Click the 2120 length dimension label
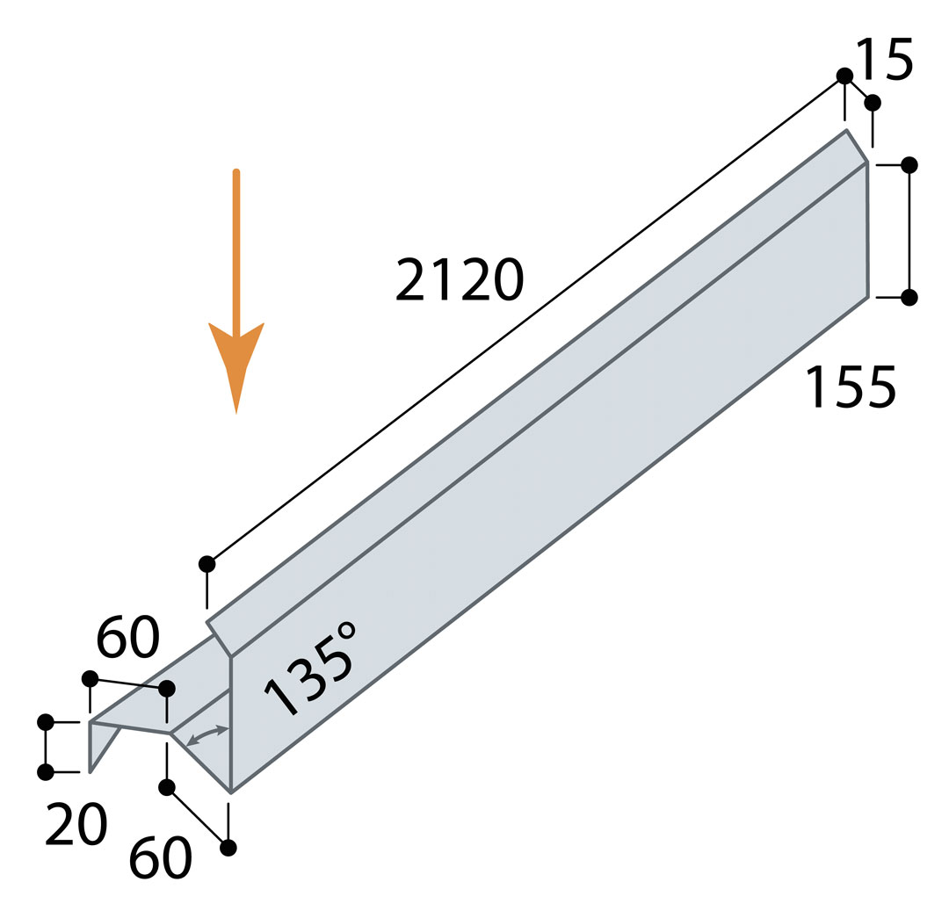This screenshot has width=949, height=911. point(460,279)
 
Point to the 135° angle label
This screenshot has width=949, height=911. point(310,668)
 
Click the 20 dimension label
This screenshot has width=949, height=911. point(76,825)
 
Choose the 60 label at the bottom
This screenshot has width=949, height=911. point(161,857)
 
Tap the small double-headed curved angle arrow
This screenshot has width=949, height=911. point(207,735)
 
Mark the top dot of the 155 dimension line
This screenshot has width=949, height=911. point(909,164)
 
